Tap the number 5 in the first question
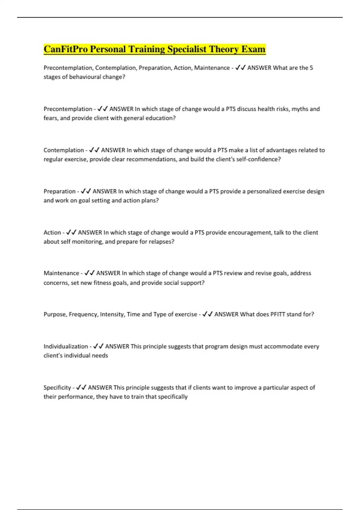311,68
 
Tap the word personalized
264,191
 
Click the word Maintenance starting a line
61,273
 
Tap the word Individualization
65,346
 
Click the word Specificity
57,388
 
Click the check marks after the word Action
71,232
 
